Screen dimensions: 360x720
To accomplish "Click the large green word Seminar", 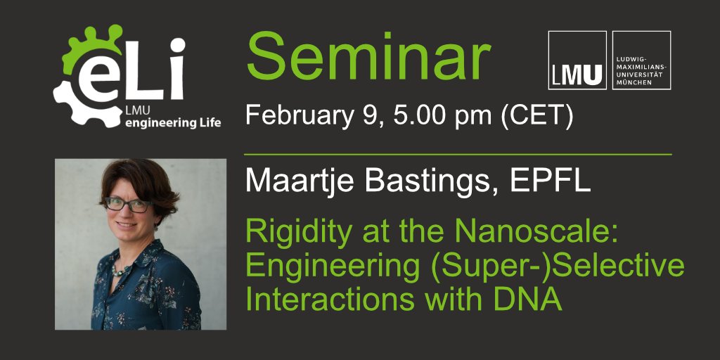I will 368,58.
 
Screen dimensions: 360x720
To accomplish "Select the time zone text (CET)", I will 535,115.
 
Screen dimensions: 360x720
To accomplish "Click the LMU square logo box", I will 577,60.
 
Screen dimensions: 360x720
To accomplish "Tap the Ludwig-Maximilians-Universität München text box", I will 642,60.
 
